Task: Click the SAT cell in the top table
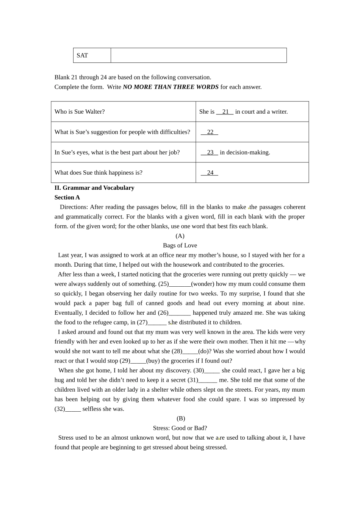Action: click(x=82, y=55)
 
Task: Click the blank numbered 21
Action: click(x=225, y=112)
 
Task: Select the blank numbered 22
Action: click(x=210, y=132)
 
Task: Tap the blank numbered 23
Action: click(x=210, y=153)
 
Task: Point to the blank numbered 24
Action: click(x=210, y=173)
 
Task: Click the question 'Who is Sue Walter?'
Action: click(x=80, y=112)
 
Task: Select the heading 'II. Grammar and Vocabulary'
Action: click(x=94, y=188)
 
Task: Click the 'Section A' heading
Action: click(x=67, y=197)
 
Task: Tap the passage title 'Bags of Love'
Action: click(x=180, y=245)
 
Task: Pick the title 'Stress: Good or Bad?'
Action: click(x=180, y=428)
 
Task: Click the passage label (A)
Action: click(x=180, y=236)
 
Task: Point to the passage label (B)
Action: click(x=181, y=418)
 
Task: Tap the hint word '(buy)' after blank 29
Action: click(x=153, y=361)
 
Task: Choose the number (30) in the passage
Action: click(x=199, y=370)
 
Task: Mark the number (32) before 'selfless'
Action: click(x=60, y=409)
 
